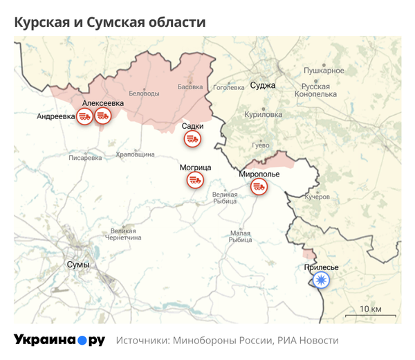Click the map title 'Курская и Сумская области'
tap(110, 22)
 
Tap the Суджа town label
tap(263, 86)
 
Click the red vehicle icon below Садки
tap(192, 140)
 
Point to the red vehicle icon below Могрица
tap(194, 181)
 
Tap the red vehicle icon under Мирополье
tap(259, 186)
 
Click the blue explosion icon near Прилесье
tap(320, 280)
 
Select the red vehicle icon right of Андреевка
tap(85, 116)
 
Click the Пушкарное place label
tap(324, 71)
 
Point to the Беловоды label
tap(145, 93)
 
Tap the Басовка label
tap(190, 87)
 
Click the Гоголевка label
tap(229, 88)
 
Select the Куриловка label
tap(264, 114)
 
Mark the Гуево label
tap(260, 145)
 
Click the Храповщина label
tap(135, 154)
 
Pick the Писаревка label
tap(85, 158)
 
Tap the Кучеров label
tap(317, 197)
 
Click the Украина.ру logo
tap(59, 341)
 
